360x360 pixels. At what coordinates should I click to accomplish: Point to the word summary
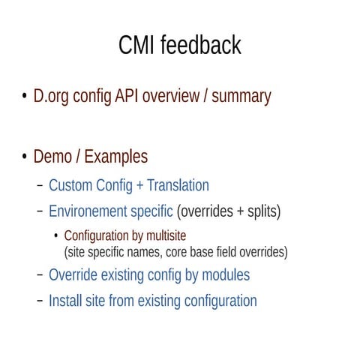241,97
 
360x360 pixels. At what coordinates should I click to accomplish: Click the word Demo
54,157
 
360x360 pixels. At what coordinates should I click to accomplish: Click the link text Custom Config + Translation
128,185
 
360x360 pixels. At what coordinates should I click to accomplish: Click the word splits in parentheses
260,211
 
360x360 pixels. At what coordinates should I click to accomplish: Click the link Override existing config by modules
148,275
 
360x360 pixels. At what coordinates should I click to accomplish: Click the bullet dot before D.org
24,97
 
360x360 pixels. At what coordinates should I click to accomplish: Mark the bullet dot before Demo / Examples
24,157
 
